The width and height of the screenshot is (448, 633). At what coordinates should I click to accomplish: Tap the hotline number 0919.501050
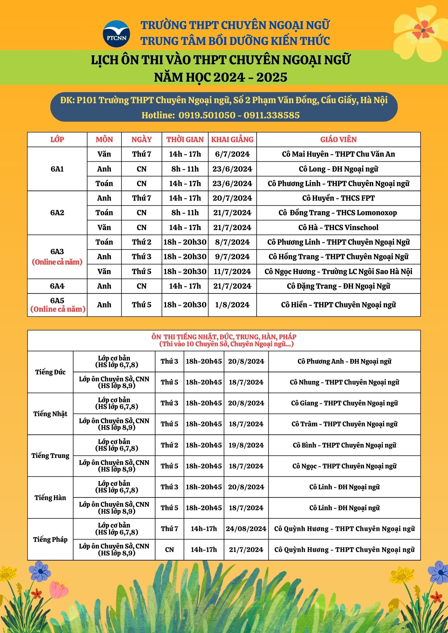point(207,115)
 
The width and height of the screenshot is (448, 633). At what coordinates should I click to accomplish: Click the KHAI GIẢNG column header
point(232,140)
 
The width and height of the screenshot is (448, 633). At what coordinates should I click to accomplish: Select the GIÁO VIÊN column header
point(338,140)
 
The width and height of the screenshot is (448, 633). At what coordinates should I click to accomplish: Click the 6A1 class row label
point(57,169)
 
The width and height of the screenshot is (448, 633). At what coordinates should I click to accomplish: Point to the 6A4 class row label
point(57,286)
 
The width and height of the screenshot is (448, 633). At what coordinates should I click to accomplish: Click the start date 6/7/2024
point(232,154)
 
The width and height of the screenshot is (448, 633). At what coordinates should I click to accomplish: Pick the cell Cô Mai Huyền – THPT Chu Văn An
point(338,154)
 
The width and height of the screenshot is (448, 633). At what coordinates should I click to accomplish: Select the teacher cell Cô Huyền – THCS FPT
point(338,198)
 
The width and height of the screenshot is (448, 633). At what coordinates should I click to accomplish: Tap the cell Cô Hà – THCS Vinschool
point(338,228)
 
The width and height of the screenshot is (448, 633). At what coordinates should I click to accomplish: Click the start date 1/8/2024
point(232,305)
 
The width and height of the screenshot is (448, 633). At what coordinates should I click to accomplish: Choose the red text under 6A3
point(57,262)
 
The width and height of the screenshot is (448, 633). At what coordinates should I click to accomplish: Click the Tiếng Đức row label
point(50,372)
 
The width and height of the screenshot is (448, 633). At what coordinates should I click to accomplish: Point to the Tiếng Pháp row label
point(50,539)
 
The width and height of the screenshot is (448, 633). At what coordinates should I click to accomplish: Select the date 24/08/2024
point(246,529)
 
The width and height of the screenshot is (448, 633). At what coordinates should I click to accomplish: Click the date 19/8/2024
point(246,445)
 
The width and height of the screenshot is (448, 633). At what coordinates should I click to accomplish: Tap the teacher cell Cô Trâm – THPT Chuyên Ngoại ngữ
point(344,424)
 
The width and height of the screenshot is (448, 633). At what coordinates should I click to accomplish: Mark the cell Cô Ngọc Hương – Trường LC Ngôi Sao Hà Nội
point(338,272)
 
